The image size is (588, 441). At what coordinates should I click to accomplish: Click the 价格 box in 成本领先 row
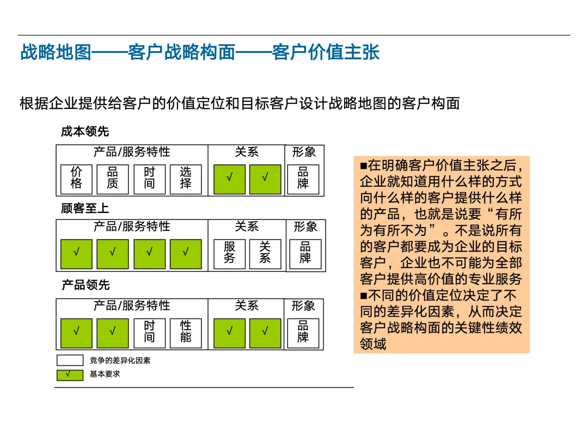pyautogui.click(x=76, y=179)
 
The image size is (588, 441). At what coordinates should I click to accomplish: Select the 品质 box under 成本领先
pyautogui.click(x=113, y=179)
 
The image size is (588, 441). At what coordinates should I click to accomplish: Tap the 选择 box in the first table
pyautogui.click(x=186, y=179)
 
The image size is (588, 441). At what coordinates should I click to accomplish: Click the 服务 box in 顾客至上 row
pyautogui.click(x=229, y=253)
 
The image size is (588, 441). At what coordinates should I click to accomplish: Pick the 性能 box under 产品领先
pyautogui.click(x=186, y=332)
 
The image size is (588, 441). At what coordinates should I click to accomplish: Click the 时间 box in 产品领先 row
pyautogui.click(x=149, y=332)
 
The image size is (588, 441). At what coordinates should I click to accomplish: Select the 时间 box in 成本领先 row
pyautogui.click(x=149, y=179)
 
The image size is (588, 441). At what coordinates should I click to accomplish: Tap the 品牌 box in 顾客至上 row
pyautogui.click(x=305, y=253)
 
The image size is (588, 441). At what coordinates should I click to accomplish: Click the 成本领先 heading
pyautogui.click(x=85, y=131)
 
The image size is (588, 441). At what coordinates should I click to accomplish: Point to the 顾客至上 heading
pyautogui.click(x=85, y=209)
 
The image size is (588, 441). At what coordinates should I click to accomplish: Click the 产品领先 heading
pyautogui.click(x=85, y=285)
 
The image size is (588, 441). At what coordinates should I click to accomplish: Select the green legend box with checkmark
pyautogui.click(x=70, y=375)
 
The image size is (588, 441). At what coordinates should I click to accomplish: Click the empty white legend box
pyautogui.click(x=70, y=360)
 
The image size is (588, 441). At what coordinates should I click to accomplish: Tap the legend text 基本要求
pyautogui.click(x=105, y=375)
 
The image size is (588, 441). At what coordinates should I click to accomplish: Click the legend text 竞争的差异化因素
pyautogui.click(x=120, y=360)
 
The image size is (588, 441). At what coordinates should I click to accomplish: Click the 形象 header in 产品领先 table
pyautogui.click(x=303, y=306)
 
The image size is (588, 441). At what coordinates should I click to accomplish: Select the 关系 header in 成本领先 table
pyautogui.click(x=247, y=152)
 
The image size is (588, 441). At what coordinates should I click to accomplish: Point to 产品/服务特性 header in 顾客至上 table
pyautogui.click(x=132, y=227)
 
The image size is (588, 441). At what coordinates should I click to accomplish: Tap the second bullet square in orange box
pyautogui.click(x=364, y=296)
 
